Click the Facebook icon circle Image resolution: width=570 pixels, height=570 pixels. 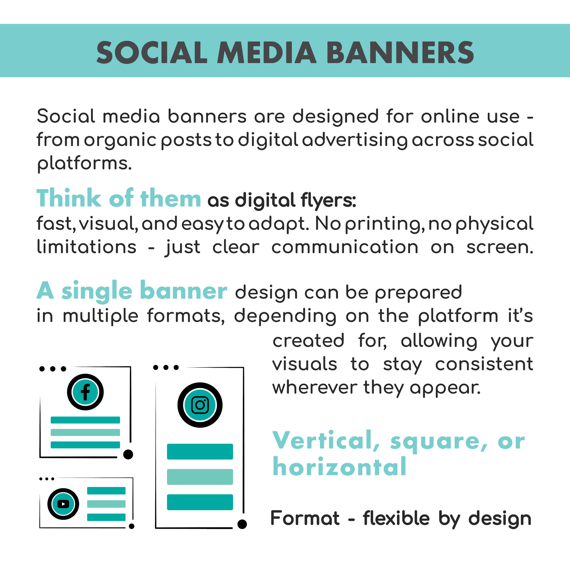pyautogui.click(x=85, y=392)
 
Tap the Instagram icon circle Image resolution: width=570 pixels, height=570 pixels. pyautogui.click(x=200, y=405)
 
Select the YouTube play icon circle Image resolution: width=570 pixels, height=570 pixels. pyautogui.click(x=63, y=504)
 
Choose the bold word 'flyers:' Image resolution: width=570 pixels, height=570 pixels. pyautogui.click(x=328, y=201)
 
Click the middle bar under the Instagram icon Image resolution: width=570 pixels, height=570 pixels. pyautogui.click(x=200, y=477)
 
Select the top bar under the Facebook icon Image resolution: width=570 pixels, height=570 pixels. pyautogui.click(x=85, y=420)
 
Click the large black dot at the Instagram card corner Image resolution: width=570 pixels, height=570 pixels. pyautogui.click(x=242, y=524)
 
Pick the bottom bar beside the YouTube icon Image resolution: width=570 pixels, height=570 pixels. pyautogui.click(x=106, y=517)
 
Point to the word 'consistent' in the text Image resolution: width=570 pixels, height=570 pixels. pyautogui.click(x=484, y=364)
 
